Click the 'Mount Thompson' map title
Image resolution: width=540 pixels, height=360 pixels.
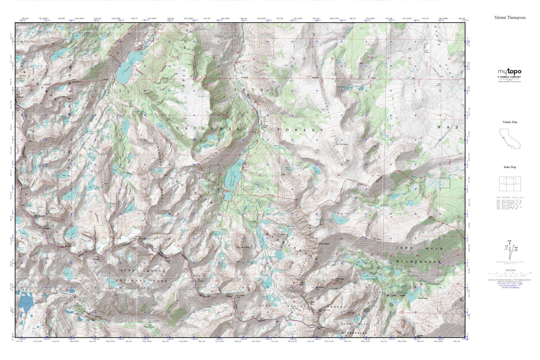[x=509, y=17]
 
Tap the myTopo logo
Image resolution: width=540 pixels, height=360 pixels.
[x=509, y=72]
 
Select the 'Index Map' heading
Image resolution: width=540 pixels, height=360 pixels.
[x=509, y=167]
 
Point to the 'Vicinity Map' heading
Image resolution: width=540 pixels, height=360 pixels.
[x=509, y=122]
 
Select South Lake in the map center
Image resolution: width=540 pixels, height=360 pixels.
[x=231, y=180]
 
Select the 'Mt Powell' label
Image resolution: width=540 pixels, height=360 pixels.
[x=96, y=258]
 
